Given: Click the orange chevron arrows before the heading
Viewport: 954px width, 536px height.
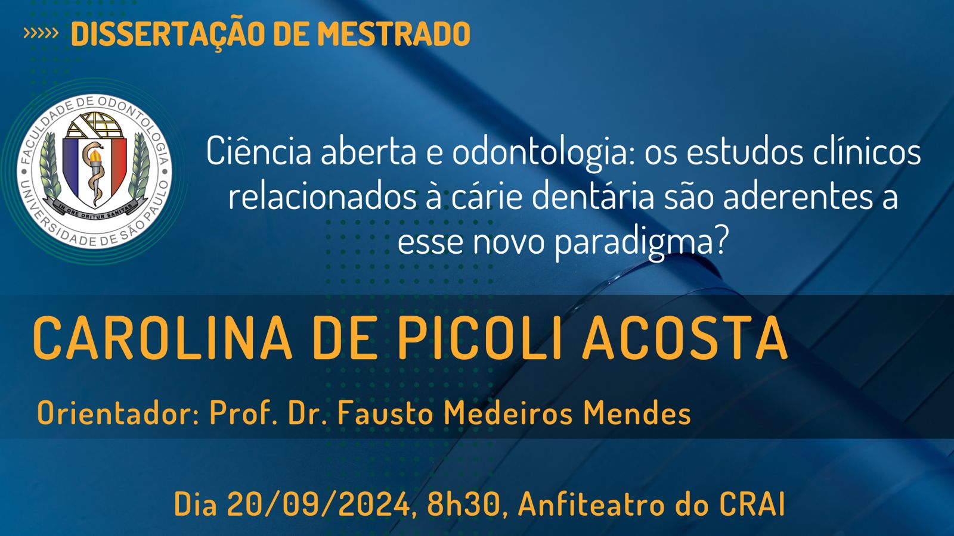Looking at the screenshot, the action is [41, 33].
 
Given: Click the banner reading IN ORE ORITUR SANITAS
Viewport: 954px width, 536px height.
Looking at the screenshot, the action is [95, 208].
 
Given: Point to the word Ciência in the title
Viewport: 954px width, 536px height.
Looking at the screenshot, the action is [259, 152].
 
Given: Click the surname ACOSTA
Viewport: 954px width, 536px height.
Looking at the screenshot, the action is [685, 339].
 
